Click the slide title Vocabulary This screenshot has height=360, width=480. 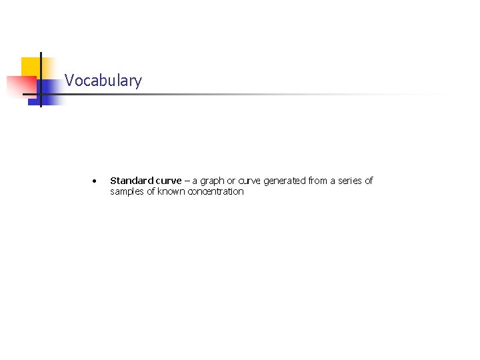[x=103, y=81]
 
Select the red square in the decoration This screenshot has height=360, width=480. [x=20, y=86]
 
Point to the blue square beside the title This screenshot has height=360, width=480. [x=51, y=91]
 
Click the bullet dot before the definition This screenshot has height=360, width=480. [x=97, y=181]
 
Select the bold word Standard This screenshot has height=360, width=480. [x=131, y=181]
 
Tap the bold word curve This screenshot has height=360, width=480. [x=167, y=181]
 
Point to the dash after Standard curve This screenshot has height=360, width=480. [x=187, y=181]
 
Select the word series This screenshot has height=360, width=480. [x=351, y=181]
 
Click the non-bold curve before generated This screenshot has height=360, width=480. [x=251, y=181]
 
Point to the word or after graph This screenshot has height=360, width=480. [x=231, y=181]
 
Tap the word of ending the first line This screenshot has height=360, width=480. [x=369, y=181]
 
